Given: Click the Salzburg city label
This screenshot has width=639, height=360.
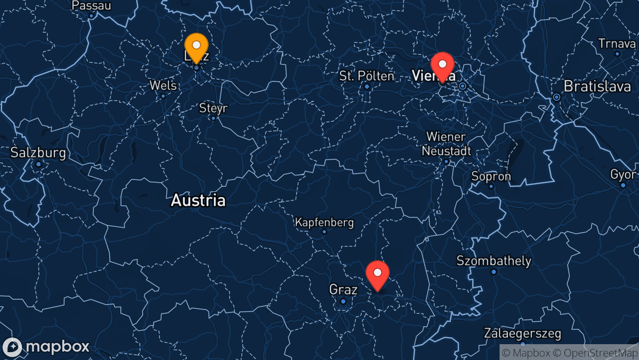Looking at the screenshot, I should tap(38, 153).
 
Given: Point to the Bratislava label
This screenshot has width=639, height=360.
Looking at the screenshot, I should tap(597, 86).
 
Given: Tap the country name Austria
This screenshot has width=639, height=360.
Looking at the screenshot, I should tap(198, 201).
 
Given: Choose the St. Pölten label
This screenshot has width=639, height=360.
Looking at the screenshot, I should tap(367, 76).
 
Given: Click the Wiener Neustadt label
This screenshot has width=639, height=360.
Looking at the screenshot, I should tap(446, 144).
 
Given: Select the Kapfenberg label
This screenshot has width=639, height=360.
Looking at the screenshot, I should tap(324, 222).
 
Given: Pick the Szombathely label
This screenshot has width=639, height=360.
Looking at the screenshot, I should tap(494, 261).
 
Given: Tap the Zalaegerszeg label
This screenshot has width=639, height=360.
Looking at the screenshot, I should tap(522, 334).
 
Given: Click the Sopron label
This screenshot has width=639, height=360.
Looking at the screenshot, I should tap(491, 176).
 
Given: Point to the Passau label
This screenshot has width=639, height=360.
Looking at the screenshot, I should tap(91, 6).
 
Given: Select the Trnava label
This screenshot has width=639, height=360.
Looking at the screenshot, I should tap(617, 43).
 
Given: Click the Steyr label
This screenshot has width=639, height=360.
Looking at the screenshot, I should tap(213, 108).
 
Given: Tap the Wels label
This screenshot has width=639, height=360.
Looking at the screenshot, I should tap(163, 86).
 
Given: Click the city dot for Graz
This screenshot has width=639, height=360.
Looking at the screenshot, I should tap(343, 301).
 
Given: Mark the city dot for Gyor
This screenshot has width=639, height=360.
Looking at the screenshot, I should tap(623, 185).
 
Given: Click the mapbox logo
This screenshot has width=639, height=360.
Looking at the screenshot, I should tap(46, 347).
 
